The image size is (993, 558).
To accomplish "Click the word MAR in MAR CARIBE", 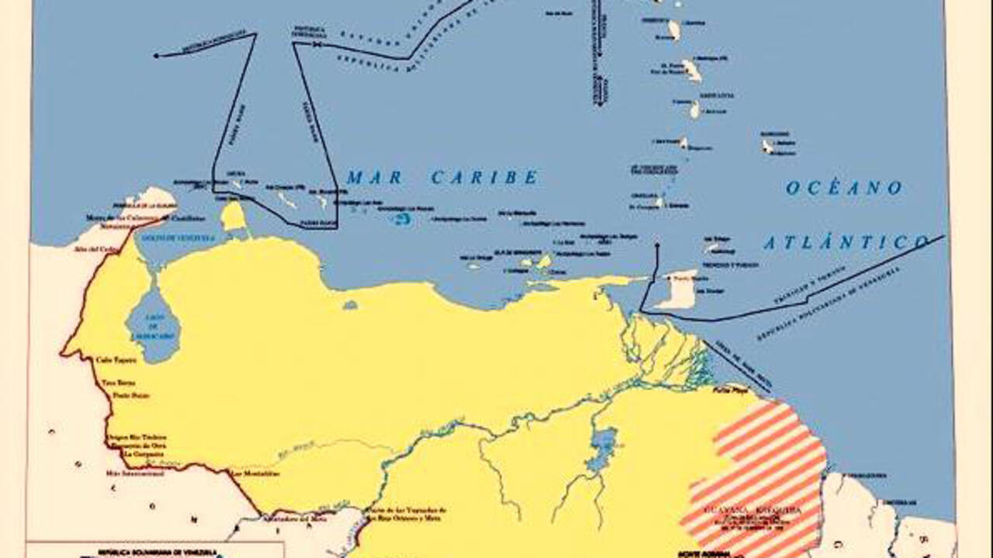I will [375, 178].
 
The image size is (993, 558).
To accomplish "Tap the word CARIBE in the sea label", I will [484, 178].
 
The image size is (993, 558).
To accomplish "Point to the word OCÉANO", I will [844, 188].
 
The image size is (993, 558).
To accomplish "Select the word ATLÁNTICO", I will [846, 243].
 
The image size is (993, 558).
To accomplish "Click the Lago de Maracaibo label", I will [153, 330].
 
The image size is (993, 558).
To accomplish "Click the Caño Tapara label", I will [116, 360].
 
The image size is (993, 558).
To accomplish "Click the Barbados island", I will [767, 145].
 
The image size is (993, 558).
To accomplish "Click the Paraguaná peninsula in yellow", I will [234, 217].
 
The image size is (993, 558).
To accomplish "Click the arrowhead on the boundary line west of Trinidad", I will [657, 246].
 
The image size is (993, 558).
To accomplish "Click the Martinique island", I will [692, 71].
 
